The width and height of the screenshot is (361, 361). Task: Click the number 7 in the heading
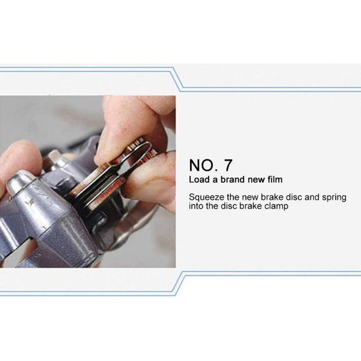(x=227, y=165)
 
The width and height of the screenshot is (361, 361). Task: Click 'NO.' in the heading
(x=203, y=165)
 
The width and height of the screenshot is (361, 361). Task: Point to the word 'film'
(x=274, y=179)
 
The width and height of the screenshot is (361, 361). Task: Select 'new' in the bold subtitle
(x=258, y=179)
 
